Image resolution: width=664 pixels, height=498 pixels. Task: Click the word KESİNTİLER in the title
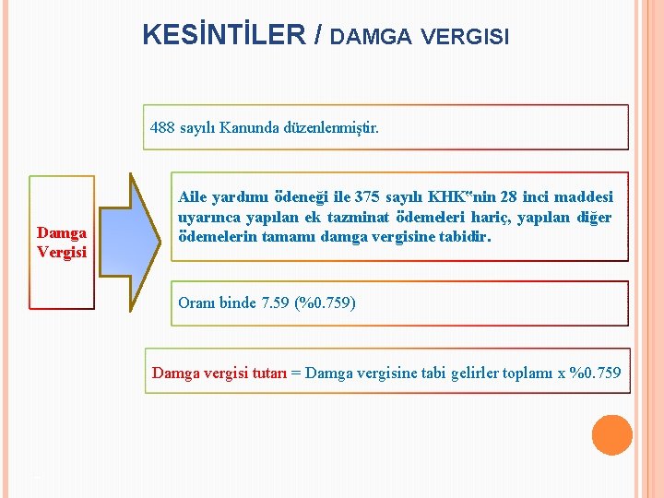223,35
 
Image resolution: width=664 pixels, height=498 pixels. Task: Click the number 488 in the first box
162,127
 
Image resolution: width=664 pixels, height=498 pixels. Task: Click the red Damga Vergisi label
62,243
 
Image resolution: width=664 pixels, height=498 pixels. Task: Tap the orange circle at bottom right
611,435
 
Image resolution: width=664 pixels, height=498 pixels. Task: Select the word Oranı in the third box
195,302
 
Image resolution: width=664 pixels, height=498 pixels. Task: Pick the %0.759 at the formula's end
596,373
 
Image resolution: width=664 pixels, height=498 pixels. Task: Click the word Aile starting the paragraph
193,197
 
